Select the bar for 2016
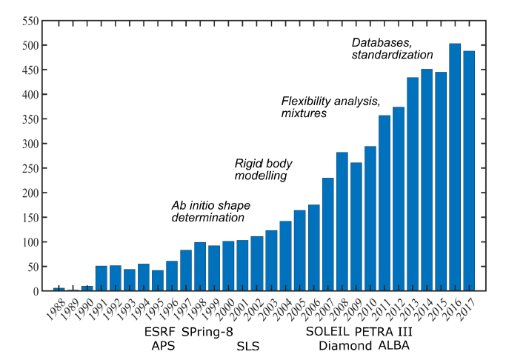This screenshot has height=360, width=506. (x=455, y=167)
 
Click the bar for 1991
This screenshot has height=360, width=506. (x=101, y=279)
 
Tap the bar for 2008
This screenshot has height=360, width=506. (x=342, y=221)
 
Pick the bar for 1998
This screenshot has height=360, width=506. (x=200, y=267)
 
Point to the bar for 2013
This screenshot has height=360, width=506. (x=413, y=184)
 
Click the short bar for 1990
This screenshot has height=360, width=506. (x=87, y=288)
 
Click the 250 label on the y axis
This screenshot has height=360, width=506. (x=30, y=168)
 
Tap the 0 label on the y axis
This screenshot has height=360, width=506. (x=36, y=291)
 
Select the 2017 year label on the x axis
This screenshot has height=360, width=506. (x=467, y=309)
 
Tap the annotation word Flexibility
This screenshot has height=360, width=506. (x=307, y=101)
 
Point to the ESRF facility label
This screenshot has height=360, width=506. (x=160, y=332)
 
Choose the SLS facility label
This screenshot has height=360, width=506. (x=248, y=346)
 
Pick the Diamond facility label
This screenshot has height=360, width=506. (x=345, y=346)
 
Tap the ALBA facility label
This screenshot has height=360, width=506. (x=394, y=345)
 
